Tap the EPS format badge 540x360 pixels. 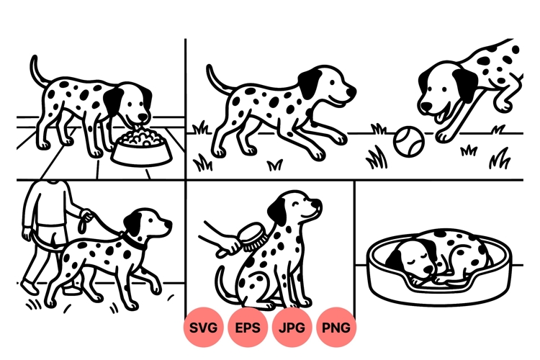coord(248,328)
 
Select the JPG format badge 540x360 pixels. coord(292,328)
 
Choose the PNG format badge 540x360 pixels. coord(336,328)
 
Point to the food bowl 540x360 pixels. coord(141,148)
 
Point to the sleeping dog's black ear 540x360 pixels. coord(425,251)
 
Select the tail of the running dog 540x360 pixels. coord(215,78)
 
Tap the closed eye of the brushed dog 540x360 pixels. coord(308,204)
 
